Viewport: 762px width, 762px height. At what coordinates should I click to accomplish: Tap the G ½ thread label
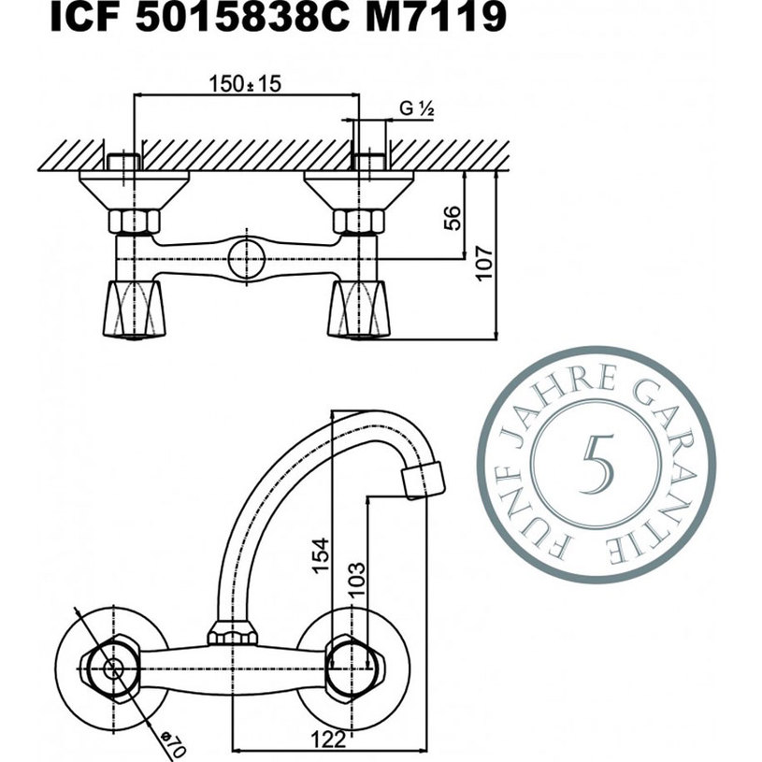[x=417, y=109]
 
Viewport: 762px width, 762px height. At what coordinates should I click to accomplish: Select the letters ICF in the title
[x=85, y=18]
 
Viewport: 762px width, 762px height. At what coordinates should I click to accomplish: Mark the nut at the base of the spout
[x=232, y=635]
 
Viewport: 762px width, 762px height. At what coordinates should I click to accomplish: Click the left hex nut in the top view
[x=134, y=222]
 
